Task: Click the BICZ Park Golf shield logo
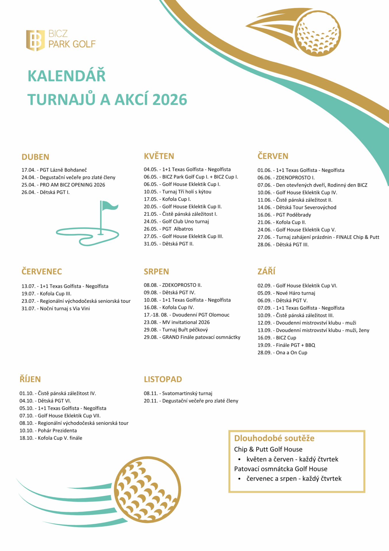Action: pos(35,40)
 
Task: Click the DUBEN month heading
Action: pos(35,157)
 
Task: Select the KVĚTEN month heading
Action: pos(159,156)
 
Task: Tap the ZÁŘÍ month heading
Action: pos(266,271)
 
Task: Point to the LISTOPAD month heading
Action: pos(163,379)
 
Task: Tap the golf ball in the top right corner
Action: pos(318,34)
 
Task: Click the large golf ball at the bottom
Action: pos(147,489)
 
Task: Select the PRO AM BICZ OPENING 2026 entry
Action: pos(72,185)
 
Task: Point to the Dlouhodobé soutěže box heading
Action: pos(274,438)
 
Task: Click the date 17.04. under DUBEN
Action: pos(28,170)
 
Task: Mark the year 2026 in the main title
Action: pos(170,100)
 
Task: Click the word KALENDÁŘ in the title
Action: pos(67,76)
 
